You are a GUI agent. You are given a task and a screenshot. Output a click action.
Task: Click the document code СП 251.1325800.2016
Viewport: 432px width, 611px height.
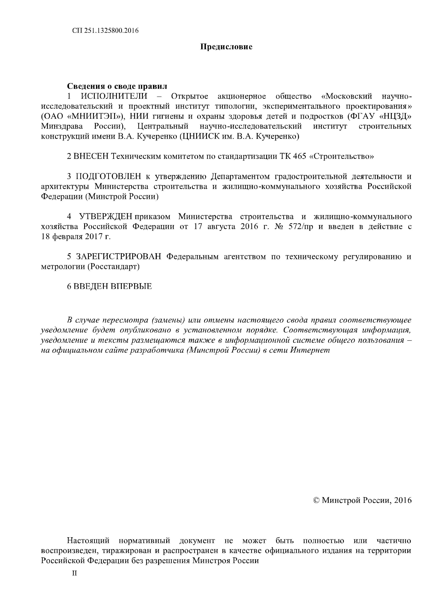pyautogui.click(x=106, y=31)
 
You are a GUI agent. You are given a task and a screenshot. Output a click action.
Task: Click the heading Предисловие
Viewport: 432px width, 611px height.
pyautogui.click(x=226, y=47)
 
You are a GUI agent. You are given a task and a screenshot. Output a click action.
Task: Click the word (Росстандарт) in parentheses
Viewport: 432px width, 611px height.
pyautogui.click(x=113, y=267)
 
